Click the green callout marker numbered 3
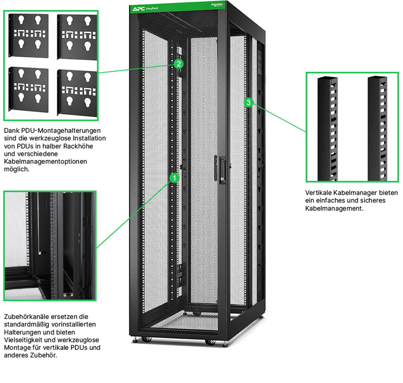(248, 102)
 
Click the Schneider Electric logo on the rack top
(217, 5)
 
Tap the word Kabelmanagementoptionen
(46, 161)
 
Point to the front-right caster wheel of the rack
(211, 342)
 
